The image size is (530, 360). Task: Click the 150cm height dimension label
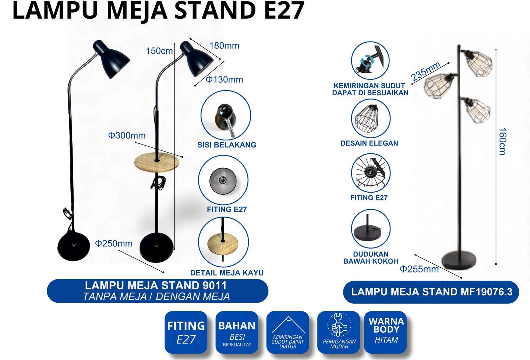[x=159, y=51]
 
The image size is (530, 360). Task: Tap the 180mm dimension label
[x=224, y=46]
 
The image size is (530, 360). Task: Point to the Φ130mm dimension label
[x=224, y=79]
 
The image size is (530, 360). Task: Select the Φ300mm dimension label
[x=127, y=136]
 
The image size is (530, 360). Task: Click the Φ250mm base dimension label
[x=114, y=243]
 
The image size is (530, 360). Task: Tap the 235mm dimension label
[x=426, y=71]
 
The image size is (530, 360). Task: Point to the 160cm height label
[x=502, y=141]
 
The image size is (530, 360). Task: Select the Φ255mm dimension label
[x=419, y=269]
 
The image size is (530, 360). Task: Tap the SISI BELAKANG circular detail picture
[x=226, y=115]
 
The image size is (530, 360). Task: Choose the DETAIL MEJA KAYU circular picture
[x=223, y=242]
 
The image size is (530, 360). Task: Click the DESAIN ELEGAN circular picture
[x=370, y=118]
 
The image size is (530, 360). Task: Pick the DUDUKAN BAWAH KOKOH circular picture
[x=370, y=229]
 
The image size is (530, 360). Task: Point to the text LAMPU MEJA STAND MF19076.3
[x=431, y=292]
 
